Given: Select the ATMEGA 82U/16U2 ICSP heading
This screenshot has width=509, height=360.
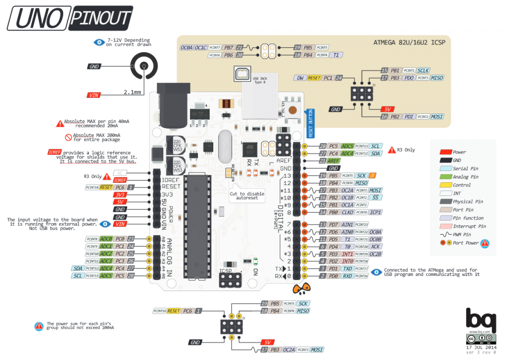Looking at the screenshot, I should point(409,43).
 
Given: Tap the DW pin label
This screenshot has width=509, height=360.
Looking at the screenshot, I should point(299,78).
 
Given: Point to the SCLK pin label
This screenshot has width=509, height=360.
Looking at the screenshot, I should point(423,71).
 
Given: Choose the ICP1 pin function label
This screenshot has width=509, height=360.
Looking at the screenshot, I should point(375,212).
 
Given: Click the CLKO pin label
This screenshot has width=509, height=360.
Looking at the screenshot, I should point(347,212).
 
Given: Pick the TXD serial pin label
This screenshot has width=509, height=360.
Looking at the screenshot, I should point(347,269).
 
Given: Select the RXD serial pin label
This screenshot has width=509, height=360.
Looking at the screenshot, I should point(347,276).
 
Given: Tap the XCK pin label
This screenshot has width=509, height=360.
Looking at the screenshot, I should point(375,247).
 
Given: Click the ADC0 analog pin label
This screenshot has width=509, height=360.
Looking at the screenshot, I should point(106,239).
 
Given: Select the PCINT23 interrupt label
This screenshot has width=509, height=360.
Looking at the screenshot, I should point(361,225).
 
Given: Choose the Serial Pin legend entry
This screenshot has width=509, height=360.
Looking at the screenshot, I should point(465,169).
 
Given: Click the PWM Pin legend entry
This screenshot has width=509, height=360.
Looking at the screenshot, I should point(463,234).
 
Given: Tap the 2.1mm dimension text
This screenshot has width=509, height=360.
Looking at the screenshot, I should point(132,92).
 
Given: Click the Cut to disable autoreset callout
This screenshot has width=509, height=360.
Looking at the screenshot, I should point(247,195).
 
